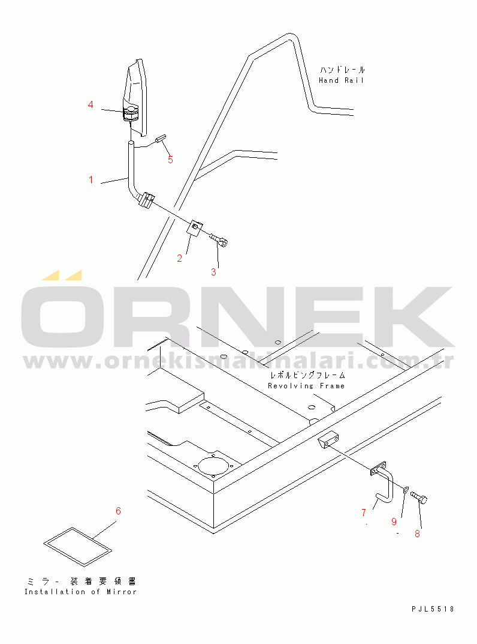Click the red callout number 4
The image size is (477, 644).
90,105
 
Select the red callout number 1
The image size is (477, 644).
91,179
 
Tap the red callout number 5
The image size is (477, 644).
170,160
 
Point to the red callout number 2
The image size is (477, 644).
179,259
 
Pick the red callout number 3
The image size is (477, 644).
213,272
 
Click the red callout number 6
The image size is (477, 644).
118,511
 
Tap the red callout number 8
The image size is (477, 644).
417,534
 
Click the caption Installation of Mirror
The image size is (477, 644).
80,592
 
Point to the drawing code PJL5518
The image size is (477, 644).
433,609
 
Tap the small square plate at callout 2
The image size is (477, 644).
194,228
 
